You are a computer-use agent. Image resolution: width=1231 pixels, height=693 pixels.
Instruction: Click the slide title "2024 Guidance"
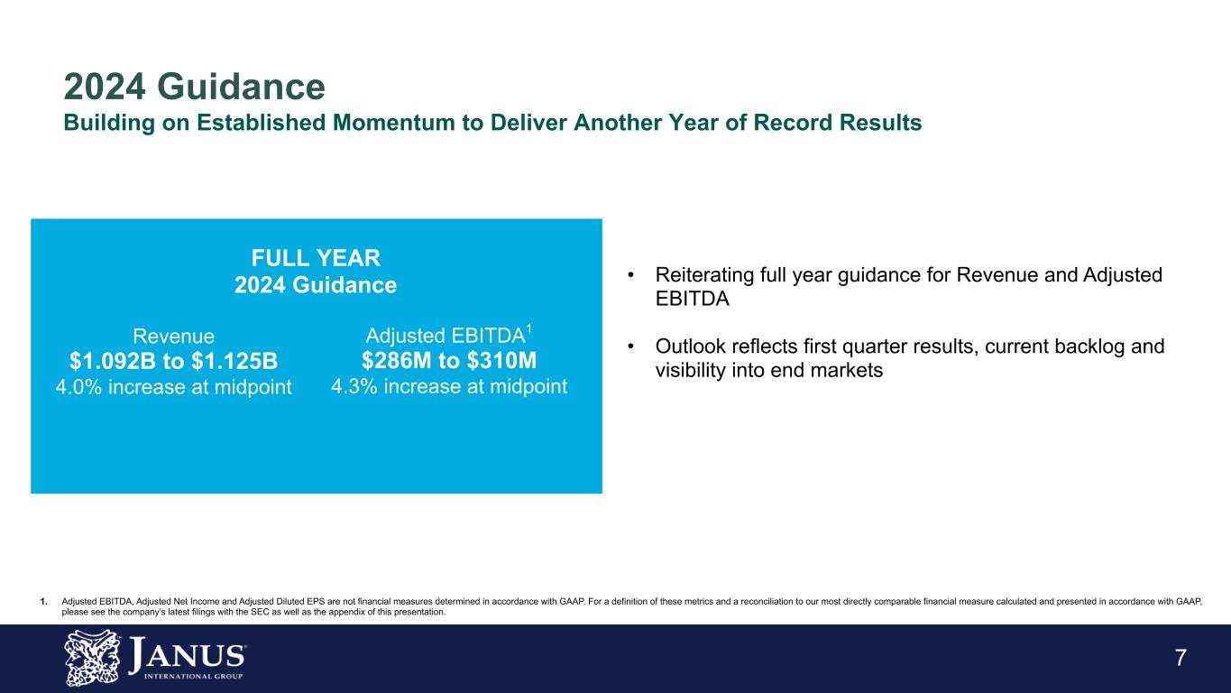click(x=195, y=87)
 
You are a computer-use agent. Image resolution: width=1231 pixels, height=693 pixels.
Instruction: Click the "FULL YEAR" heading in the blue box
click(x=316, y=258)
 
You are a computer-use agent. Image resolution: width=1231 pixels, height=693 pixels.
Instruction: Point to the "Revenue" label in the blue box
click(x=174, y=336)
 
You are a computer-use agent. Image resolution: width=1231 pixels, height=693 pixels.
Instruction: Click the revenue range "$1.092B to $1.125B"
click(x=174, y=361)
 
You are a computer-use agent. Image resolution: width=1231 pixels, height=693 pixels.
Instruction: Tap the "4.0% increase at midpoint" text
click(x=174, y=386)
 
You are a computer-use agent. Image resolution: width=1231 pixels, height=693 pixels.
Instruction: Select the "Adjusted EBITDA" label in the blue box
click(x=446, y=336)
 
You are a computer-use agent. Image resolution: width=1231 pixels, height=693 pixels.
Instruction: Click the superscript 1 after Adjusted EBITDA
click(x=528, y=329)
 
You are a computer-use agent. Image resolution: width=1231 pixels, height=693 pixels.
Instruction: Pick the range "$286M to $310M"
click(x=449, y=361)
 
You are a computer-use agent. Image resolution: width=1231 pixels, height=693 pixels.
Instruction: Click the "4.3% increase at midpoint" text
click(x=449, y=386)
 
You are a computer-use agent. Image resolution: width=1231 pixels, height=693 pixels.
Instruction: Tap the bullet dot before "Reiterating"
click(x=631, y=274)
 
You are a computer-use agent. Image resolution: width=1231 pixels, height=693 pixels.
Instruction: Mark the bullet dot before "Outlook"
click(x=631, y=346)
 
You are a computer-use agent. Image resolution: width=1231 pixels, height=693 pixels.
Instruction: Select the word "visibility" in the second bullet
click(x=690, y=370)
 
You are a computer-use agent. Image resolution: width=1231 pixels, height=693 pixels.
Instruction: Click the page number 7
click(x=1181, y=658)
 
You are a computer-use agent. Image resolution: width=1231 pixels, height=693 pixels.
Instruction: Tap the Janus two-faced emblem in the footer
click(x=92, y=658)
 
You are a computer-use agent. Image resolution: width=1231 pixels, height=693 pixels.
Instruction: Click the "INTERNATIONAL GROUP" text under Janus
click(x=193, y=676)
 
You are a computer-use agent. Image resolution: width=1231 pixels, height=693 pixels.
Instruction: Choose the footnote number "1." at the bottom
click(x=44, y=602)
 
